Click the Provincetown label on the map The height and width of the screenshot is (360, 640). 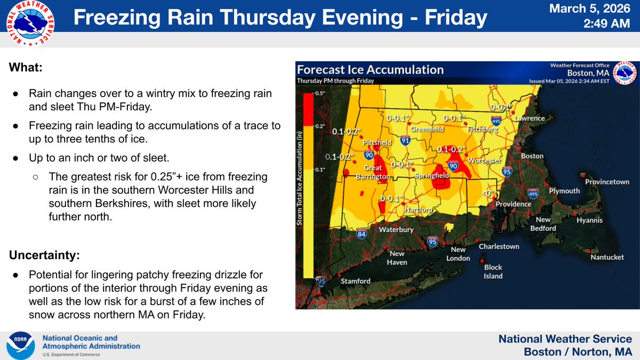tap(607, 182)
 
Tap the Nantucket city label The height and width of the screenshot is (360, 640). tap(607, 257)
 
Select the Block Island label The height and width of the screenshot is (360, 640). tap(493, 272)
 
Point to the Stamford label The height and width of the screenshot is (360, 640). tap(356, 281)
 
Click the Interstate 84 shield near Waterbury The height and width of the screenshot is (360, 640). tap(362, 234)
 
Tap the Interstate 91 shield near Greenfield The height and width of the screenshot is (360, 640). tap(405, 141)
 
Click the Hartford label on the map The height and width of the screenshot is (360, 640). tap(418, 210)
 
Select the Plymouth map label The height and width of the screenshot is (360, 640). tap(564, 191)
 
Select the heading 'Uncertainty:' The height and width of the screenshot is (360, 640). tap(44, 255)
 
